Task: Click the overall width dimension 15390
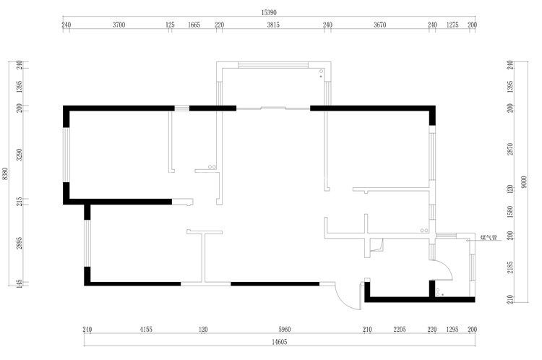click(269, 12)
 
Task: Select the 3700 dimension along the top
click(119, 25)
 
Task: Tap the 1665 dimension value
click(194, 25)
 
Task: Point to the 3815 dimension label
click(273, 25)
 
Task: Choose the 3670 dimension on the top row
click(379, 25)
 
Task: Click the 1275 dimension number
click(452, 25)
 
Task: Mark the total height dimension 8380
click(5, 173)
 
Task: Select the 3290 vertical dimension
click(20, 155)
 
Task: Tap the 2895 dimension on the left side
click(20, 243)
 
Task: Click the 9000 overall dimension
click(525, 182)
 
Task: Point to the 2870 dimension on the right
click(510, 149)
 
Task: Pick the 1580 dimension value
click(510, 212)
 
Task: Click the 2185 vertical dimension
click(510, 267)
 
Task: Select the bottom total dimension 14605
click(279, 342)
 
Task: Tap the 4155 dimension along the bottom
click(146, 330)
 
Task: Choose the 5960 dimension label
click(285, 330)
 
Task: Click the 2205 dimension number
click(400, 330)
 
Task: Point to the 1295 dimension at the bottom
click(452, 330)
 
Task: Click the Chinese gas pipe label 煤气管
click(489, 238)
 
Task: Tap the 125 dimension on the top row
click(170, 25)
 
